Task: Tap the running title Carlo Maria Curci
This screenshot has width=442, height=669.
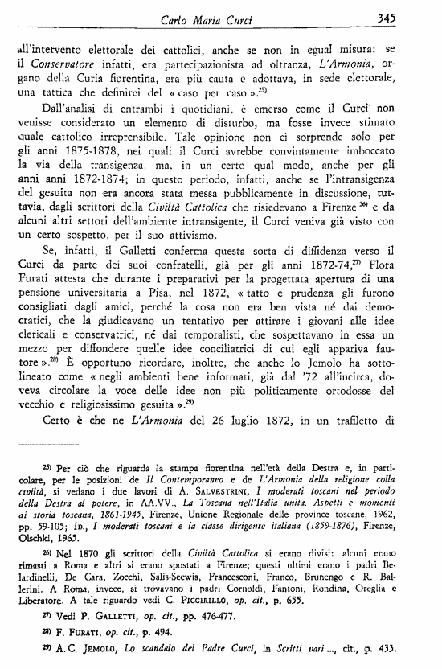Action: [228, 17]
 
